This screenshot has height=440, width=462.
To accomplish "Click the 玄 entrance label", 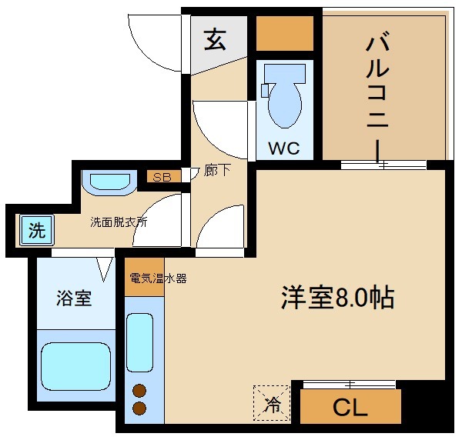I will pyautogui.click(x=215, y=39).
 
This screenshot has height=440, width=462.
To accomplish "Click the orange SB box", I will pyautogui.click(x=162, y=177).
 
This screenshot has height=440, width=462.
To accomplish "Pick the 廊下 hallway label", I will pyautogui.click(x=218, y=172).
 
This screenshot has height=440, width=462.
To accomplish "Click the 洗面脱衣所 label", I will pyautogui.click(x=119, y=222).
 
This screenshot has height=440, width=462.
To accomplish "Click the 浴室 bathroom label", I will pyautogui.click(x=74, y=298).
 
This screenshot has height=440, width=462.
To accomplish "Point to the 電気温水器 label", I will pyautogui.click(x=158, y=278).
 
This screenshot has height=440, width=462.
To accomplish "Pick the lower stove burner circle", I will pyautogui.click(x=140, y=408).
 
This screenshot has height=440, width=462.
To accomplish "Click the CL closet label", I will pyautogui.click(x=350, y=407).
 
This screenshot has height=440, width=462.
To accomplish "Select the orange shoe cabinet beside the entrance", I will pyautogui.click(x=284, y=33).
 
